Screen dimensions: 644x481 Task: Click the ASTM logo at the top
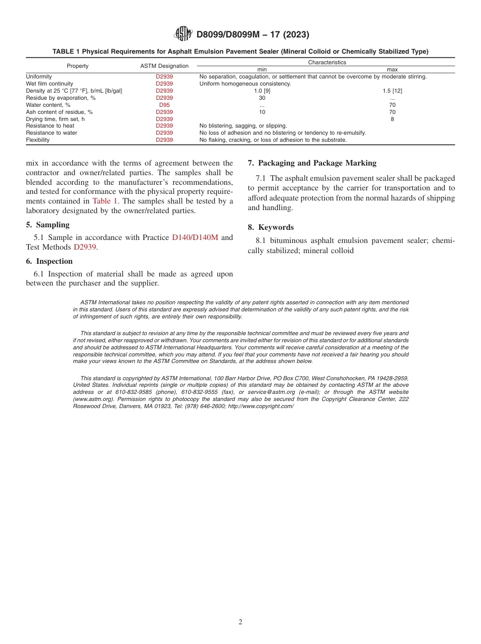[183, 34]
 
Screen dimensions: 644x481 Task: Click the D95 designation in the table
[164, 105]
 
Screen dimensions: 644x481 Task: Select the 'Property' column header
[77, 66]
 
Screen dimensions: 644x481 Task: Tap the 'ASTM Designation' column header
[164, 66]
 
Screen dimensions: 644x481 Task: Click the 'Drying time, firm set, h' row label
[55, 119]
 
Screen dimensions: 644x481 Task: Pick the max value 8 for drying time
[392, 119]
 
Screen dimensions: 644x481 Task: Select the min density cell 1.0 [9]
[262, 91]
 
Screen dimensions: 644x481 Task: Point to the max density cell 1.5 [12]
[392, 91]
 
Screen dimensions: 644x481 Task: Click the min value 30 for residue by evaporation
[262, 98]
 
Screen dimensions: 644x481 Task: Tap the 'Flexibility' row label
[37, 140]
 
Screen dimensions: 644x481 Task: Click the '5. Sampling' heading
[48, 225]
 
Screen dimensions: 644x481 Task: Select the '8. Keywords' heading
[270, 227]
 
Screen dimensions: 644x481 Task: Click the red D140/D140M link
[195, 237]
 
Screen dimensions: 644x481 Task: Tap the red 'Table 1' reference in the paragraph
[105, 201]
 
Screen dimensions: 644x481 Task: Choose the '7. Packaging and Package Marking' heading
[312, 163]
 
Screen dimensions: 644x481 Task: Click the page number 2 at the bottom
[240, 622]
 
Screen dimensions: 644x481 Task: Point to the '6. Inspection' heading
[49, 261]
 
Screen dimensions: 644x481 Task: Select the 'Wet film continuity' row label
[49, 84]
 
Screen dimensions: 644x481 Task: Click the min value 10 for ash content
[262, 112]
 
